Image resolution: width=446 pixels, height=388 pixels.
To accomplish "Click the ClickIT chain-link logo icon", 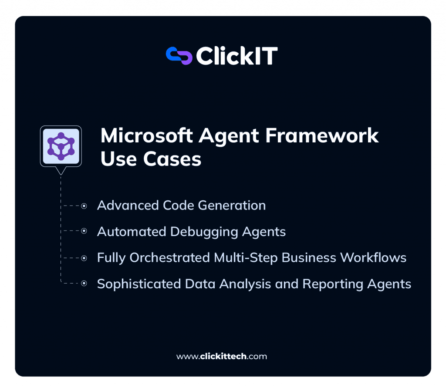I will (179, 56).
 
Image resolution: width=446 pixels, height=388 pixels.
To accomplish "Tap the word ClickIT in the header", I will (237, 56).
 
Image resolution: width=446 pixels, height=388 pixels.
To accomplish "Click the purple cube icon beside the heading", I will (61, 145).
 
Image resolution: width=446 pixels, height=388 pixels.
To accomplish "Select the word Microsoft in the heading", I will (146, 136).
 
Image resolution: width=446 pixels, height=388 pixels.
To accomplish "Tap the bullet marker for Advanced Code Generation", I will (84, 206).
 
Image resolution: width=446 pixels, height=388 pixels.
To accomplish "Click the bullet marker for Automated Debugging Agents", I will (84, 232).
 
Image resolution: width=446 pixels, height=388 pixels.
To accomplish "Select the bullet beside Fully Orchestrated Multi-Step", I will (84, 258).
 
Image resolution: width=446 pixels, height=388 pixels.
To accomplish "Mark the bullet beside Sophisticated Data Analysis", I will (84, 284).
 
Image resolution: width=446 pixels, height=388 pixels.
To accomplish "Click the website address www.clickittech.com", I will (221, 356).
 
